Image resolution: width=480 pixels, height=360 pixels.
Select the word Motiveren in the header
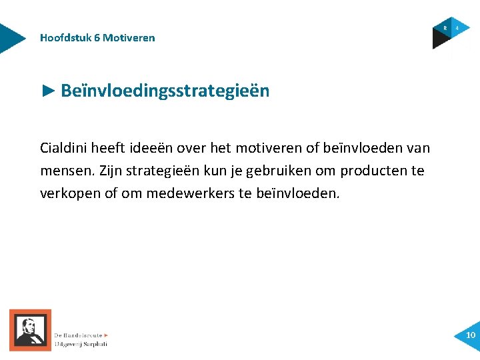(x=129, y=38)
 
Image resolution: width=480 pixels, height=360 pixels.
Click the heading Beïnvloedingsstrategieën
(x=165, y=91)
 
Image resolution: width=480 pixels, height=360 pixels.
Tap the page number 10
(x=471, y=335)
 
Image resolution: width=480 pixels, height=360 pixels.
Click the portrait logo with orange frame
(x=30, y=330)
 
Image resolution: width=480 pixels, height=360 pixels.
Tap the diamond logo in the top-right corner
(x=450, y=32)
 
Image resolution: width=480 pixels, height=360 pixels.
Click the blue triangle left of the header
(x=11, y=38)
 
